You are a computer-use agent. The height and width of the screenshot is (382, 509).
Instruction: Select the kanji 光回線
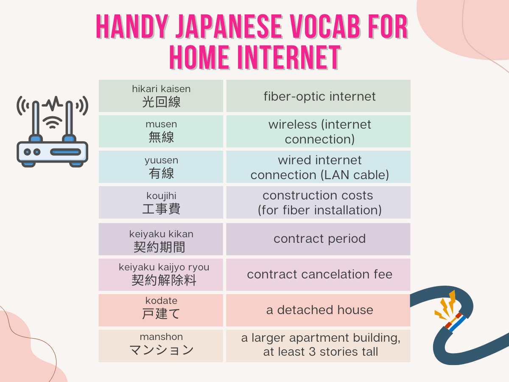point(161,102)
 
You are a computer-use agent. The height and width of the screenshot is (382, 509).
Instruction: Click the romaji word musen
point(161,124)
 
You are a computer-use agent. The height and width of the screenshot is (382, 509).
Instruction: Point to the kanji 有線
point(161,173)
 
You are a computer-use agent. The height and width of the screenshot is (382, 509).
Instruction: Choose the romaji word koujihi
point(161,196)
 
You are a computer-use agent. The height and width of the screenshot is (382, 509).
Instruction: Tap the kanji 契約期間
point(159,247)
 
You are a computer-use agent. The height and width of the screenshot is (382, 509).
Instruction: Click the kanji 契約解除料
point(164,280)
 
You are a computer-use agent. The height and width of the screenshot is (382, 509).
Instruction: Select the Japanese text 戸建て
point(161,314)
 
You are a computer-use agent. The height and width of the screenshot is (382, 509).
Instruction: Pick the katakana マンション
point(161,349)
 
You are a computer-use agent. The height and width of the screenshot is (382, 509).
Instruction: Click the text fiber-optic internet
point(319,96)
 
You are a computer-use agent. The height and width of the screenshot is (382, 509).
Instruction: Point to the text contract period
point(319,239)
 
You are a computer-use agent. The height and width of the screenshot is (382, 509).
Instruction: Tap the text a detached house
point(319,310)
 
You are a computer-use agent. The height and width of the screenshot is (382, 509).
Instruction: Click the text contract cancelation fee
point(319,274)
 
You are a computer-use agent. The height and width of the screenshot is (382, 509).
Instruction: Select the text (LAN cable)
point(355,175)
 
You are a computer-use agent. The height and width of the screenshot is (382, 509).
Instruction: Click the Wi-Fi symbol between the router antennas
point(53,122)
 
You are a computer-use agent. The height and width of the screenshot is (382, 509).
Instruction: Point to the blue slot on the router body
point(66,152)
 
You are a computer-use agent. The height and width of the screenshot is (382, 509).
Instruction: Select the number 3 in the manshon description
point(312,351)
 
